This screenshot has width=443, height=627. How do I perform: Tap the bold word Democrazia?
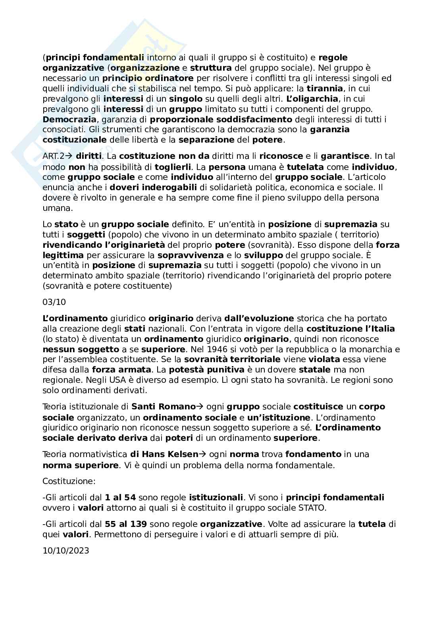pyautogui.click(x=69, y=119)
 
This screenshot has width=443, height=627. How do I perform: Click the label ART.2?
pyautogui.click(x=53, y=156)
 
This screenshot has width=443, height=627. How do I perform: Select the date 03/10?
pyautogui.click(x=54, y=302)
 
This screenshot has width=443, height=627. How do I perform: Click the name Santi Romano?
pyautogui.click(x=164, y=407)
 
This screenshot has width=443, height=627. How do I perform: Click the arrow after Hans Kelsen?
pyautogui.click(x=202, y=454)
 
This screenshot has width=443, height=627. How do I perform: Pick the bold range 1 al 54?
pyautogui.click(x=120, y=497)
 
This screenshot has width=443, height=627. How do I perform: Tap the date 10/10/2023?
pyautogui.click(x=65, y=550)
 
